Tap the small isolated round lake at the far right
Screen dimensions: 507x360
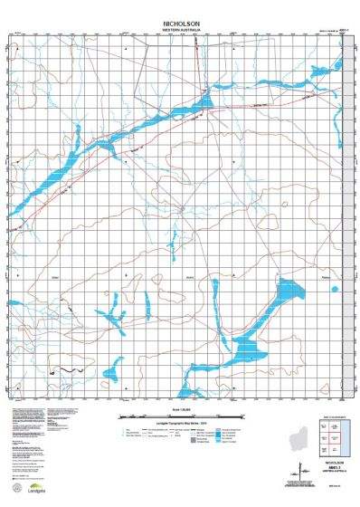pos(334,290)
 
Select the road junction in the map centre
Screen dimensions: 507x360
pos(182,210)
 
